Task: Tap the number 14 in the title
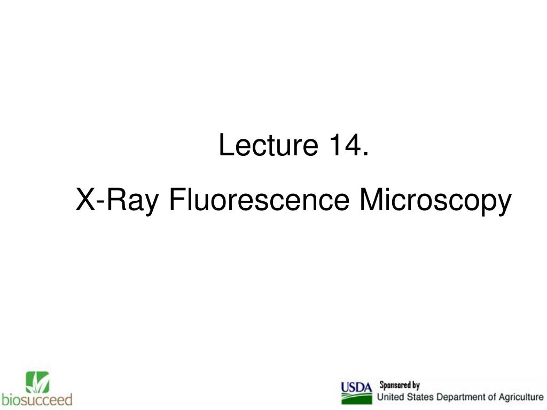pos(341,146)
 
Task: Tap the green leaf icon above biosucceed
pos(37,382)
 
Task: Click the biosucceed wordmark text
pos(37,399)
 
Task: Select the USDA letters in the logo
pos(356,387)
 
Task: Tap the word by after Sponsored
pos(416,385)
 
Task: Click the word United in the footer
pos(392,397)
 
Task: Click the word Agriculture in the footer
pos(520,397)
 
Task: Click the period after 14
pos(365,155)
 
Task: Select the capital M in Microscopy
pos(370,201)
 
